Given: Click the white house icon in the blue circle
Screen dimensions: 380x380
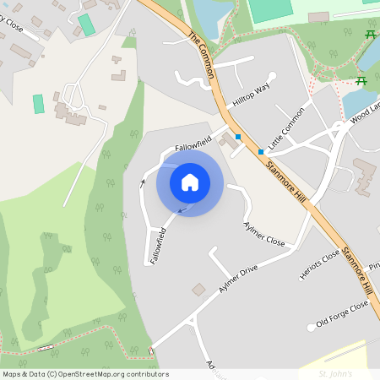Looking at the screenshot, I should pyautogui.click(x=190, y=182).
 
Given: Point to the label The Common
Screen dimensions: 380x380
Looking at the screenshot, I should pyautogui.click(x=203, y=56).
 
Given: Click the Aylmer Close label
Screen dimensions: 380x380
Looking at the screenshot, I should pyautogui.click(x=264, y=234).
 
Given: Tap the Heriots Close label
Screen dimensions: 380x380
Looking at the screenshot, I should pyautogui.click(x=319, y=263).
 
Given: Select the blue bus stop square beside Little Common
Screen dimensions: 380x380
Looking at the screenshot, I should pyautogui.click(x=261, y=152).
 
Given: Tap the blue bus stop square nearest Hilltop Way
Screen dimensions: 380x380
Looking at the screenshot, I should pyautogui.click(x=239, y=137).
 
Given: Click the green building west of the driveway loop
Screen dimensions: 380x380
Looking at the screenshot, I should pyautogui.click(x=38, y=105).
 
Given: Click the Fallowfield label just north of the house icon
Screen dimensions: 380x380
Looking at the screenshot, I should pyautogui.click(x=192, y=143).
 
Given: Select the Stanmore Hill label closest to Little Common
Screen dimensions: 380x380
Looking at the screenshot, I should pyautogui.click(x=286, y=182).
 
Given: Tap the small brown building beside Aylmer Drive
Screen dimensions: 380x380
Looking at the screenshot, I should pyautogui.click(x=198, y=290).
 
